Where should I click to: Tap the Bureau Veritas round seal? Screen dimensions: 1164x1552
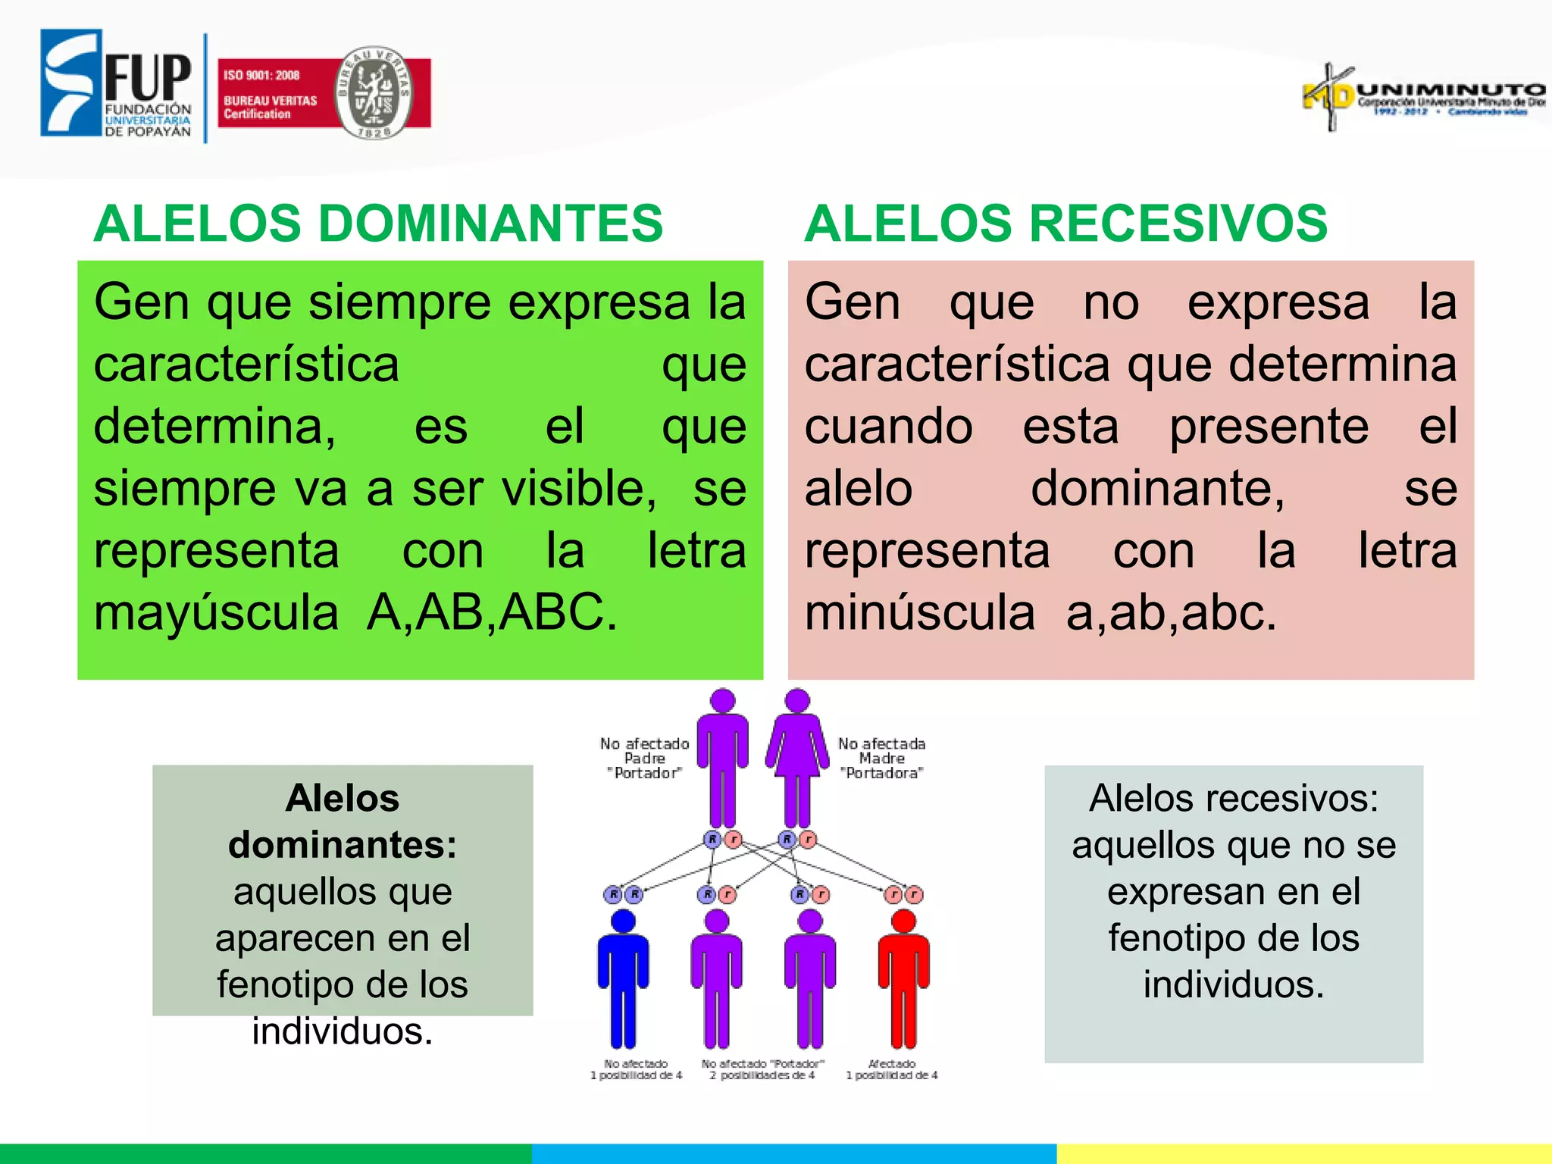pos(374,92)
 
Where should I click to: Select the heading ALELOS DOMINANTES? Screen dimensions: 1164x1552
pos(378,224)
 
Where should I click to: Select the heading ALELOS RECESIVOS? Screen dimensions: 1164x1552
pos(1065,224)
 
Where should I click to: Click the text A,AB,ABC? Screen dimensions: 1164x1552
pos(492,612)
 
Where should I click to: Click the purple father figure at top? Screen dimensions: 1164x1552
pos(722,758)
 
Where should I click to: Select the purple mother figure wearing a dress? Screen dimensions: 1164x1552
pos(797,758)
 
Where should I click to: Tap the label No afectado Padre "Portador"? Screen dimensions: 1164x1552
pos(645,758)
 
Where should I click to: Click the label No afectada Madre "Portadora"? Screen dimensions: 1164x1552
pos(881,758)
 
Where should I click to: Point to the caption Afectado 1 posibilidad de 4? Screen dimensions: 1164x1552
pos(892,1069)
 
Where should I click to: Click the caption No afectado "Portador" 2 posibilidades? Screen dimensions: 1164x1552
pos(762,1069)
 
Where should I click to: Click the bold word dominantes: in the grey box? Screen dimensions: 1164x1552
pos(343,845)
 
